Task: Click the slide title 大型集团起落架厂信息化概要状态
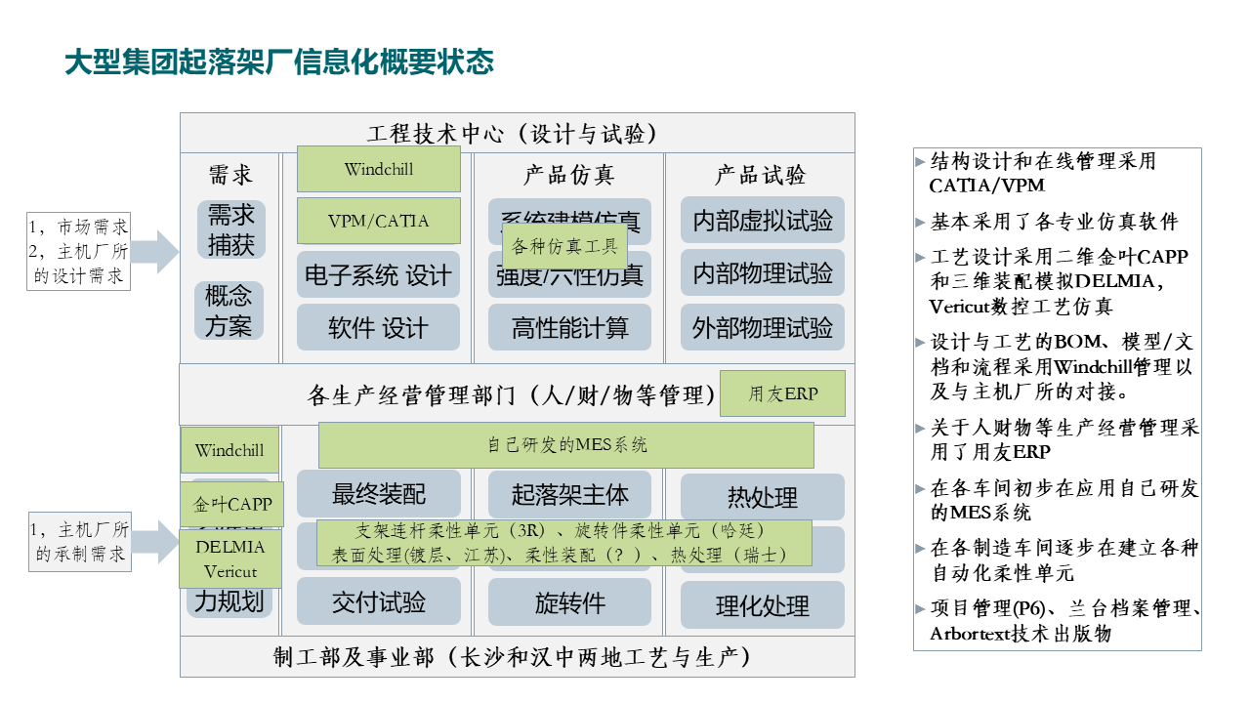pos(279,62)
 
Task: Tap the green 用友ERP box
pos(782,394)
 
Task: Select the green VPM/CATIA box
pos(378,221)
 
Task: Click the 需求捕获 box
pos(230,229)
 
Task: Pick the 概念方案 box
pos(229,310)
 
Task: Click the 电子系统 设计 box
pos(378,275)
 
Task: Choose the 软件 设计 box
pos(378,328)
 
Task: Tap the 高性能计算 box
pos(569,328)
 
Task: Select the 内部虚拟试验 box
pos(762,221)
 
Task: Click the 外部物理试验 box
pos(762,327)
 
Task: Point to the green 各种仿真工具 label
pos(565,247)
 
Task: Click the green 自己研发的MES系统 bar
pos(566,445)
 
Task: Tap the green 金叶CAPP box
pos(231,505)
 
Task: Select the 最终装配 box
pos(378,494)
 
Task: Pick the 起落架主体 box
pos(569,494)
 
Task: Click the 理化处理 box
pos(762,606)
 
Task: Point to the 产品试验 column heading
pos(761,176)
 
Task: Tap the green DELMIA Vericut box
pos(230,558)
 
